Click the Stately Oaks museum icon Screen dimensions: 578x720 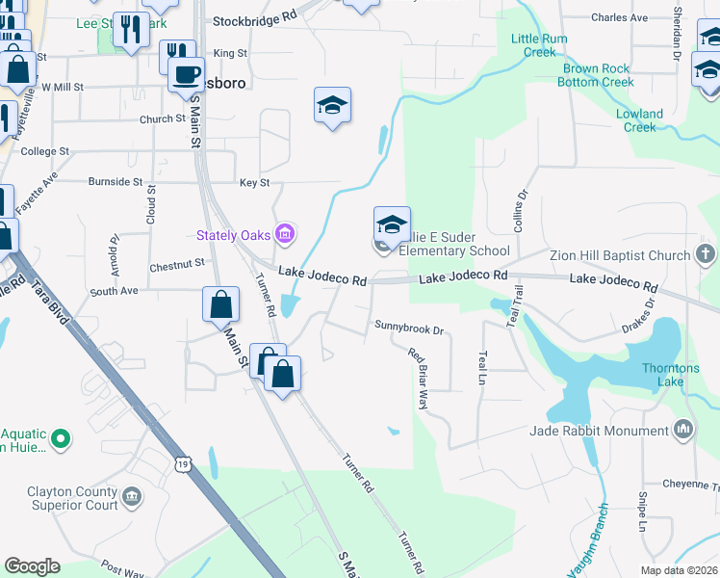[284, 234]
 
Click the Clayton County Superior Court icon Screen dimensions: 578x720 [132, 496]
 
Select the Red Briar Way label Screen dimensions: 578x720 [419, 379]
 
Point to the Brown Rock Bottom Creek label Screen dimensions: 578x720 [597, 75]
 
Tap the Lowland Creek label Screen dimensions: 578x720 [639, 120]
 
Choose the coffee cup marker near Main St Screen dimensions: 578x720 [186, 74]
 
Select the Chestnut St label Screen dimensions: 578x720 [177, 262]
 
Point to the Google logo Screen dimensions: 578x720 [32, 566]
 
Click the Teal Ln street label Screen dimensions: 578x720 [482, 368]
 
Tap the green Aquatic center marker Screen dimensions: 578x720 [61, 439]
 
